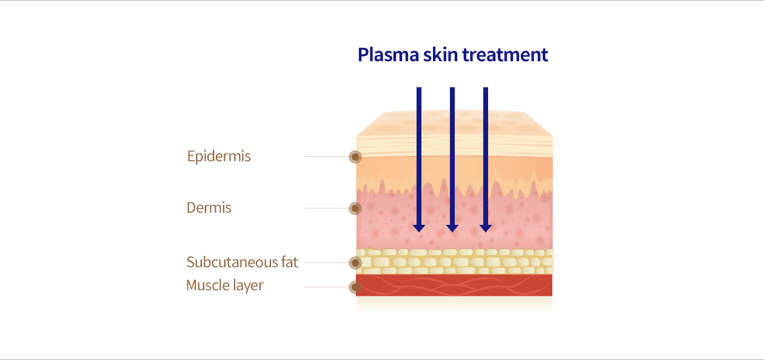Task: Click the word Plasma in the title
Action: tap(388, 55)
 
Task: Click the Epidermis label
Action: tap(219, 156)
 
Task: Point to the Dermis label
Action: tap(209, 208)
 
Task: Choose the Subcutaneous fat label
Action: tap(242, 262)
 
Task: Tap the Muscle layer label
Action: tap(225, 285)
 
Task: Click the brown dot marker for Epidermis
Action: tap(355, 157)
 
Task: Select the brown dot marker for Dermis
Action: tap(355, 208)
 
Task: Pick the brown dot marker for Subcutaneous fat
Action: tap(355, 263)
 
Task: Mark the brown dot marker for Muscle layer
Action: tap(355, 287)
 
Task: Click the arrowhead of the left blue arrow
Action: tap(419, 228)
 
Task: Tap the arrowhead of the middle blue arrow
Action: tap(452, 228)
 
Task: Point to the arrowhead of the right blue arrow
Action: tap(486, 228)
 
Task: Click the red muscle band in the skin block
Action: tap(454, 285)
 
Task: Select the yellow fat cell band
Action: tap(454, 261)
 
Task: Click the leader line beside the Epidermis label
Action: tap(326, 157)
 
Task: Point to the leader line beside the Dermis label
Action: tap(326, 208)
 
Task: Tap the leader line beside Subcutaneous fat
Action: tap(326, 263)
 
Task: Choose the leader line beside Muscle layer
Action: tap(326, 287)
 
